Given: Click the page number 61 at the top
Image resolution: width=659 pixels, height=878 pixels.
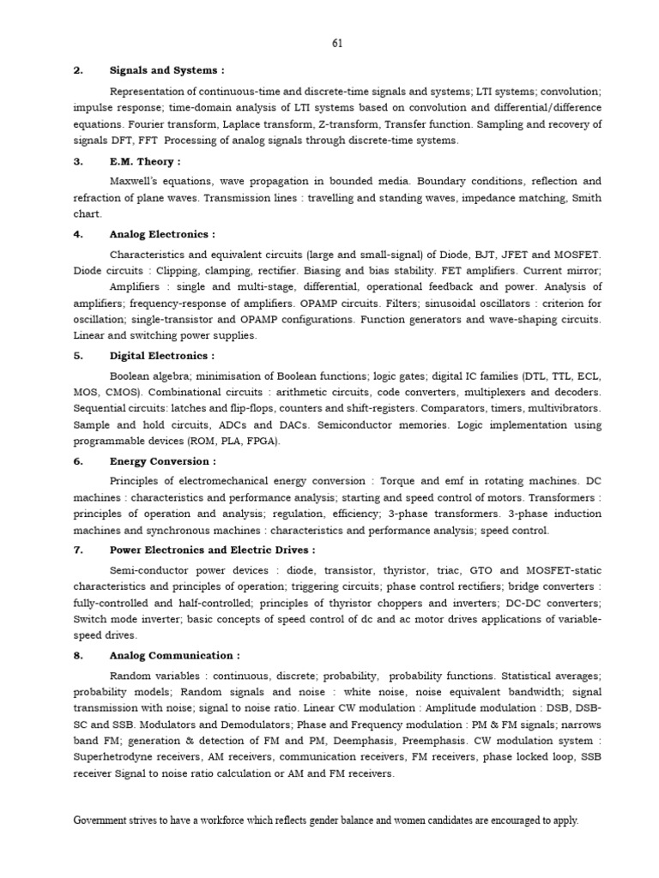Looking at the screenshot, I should click(336, 42).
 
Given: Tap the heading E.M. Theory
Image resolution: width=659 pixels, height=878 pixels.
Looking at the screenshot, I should click(144, 161).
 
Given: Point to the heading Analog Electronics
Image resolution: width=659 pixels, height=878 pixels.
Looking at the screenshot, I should click(162, 233).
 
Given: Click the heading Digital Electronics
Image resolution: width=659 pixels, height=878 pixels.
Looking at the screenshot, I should click(162, 355).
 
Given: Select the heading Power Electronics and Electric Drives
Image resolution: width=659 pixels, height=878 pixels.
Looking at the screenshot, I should click(212, 550).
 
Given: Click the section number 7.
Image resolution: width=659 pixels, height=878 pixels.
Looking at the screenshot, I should click(77, 550).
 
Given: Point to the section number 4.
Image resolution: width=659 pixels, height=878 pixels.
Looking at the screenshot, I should click(77, 233).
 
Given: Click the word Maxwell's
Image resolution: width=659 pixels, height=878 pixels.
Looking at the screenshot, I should click(136, 182).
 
